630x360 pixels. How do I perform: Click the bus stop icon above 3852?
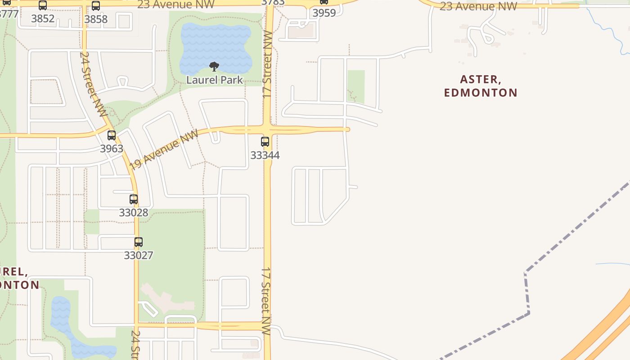click(43, 5)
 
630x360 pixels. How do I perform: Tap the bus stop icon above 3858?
click(96, 6)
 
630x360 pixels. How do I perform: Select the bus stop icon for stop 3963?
click(112, 135)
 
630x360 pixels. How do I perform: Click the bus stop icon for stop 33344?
click(265, 142)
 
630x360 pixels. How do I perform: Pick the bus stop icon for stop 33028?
click(134, 199)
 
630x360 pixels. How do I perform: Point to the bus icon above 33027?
click(139, 242)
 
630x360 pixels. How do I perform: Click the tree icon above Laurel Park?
click(214, 67)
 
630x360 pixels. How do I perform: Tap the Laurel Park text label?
click(215, 80)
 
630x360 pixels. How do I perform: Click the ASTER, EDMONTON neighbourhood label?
click(481, 86)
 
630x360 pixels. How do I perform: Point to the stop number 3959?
click(324, 13)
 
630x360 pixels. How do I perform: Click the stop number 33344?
click(265, 155)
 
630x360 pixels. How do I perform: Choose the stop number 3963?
click(112, 148)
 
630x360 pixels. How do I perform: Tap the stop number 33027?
click(139, 255)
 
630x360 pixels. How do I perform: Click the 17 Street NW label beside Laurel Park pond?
click(267, 65)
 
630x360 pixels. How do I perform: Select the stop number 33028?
click(134, 212)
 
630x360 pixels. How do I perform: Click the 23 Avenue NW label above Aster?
click(478, 6)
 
